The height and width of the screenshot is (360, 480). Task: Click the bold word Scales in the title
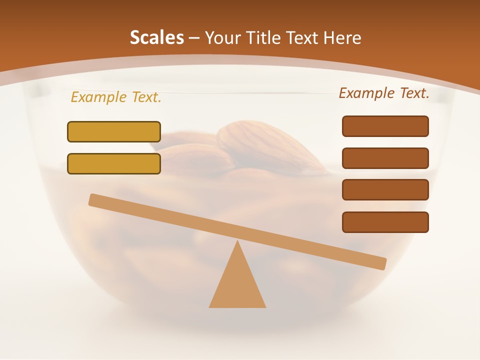(156, 38)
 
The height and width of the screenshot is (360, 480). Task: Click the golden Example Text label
(116, 97)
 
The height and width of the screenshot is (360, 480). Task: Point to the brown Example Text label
(384, 93)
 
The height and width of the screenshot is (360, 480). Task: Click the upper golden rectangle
(114, 131)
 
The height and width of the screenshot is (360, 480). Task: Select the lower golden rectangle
(114, 163)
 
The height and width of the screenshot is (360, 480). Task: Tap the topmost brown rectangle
(385, 126)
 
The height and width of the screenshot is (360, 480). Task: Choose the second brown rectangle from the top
(385, 158)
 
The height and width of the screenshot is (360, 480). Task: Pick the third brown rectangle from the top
(385, 189)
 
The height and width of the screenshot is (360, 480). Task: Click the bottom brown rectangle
(385, 222)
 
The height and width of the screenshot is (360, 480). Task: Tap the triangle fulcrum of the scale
(237, 282)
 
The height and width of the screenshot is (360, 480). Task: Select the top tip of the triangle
(238, 241)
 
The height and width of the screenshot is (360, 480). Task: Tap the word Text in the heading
(305, 38)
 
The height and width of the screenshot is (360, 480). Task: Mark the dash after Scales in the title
(194, 38)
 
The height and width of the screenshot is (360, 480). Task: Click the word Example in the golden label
(98, 97)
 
